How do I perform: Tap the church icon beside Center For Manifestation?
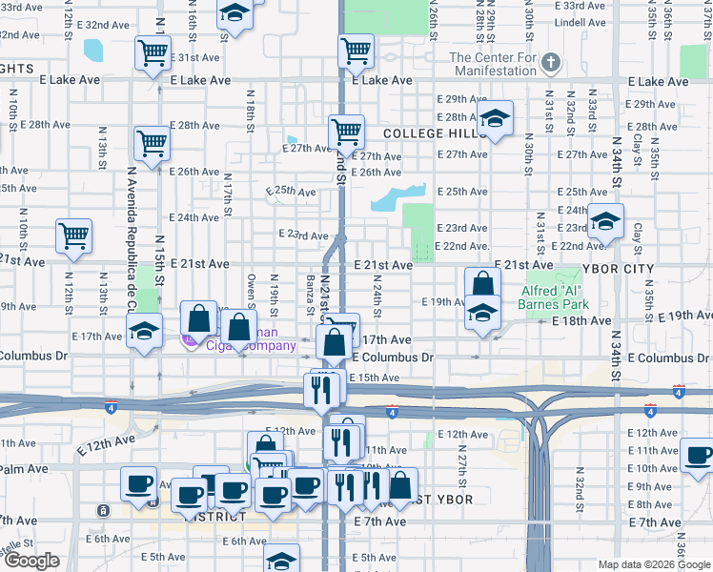point(549,64)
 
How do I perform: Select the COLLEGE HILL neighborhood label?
point(429,134)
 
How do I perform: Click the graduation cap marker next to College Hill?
point(494,120)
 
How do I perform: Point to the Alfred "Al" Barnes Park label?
point(555,297)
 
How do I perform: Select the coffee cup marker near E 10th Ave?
point(699,457)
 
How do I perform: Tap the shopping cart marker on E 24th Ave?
point(73,235)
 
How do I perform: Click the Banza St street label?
point(311,293)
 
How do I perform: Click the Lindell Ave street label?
point(580,21)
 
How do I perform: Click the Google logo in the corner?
point(31,561)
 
